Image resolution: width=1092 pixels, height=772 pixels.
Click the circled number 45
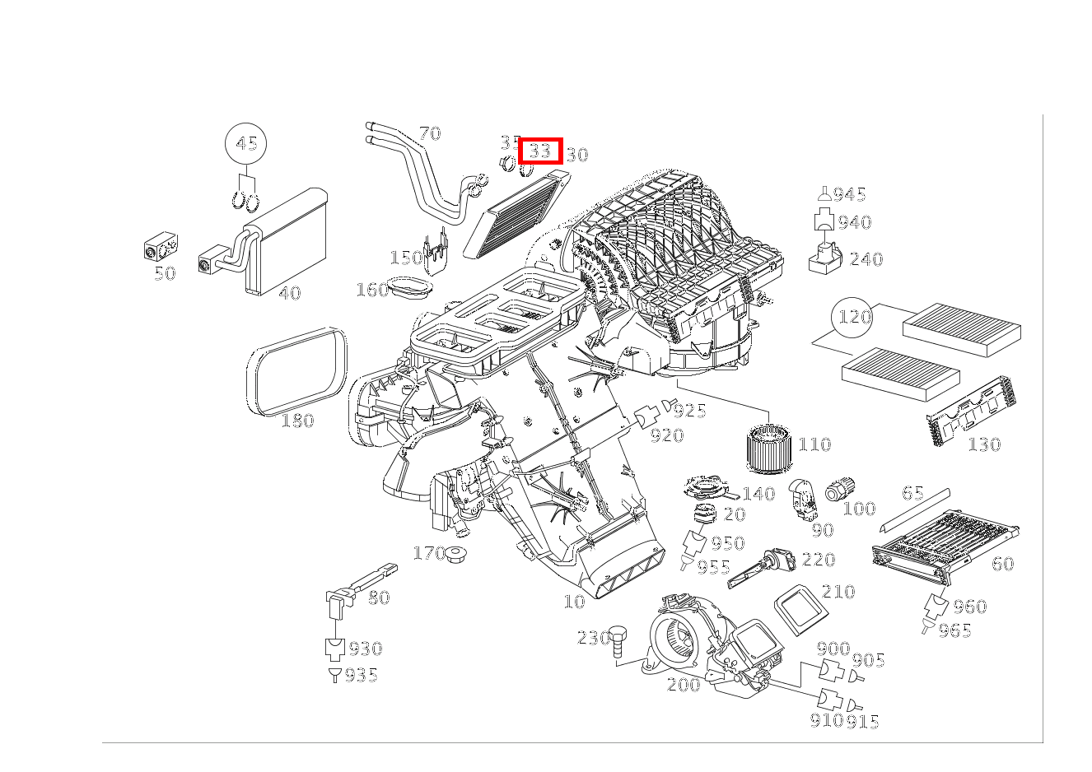tap(246, 144)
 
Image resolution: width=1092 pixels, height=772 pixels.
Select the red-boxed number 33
tap(540, 151)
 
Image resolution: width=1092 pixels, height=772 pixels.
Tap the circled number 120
tap(854, 317)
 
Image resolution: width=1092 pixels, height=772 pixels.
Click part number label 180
tap(297, 421)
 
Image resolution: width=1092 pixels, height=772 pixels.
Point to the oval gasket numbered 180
tap(297, 371)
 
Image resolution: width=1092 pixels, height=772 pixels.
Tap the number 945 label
tap(849, 194)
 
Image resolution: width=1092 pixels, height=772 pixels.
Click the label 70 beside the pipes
tap(429, 133)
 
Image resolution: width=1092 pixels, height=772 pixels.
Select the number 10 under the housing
tap(573, 602)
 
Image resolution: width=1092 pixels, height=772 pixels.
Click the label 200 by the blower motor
tap(684, 684)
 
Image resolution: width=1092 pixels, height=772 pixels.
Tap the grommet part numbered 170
tap(456, 556)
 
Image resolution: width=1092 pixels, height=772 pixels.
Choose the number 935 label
tap(361, 676)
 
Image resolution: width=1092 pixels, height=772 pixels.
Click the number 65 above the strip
tap(912, 493)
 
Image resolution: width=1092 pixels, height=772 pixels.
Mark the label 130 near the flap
tap(984, 444)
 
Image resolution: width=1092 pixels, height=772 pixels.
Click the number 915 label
tap(863, 722)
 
